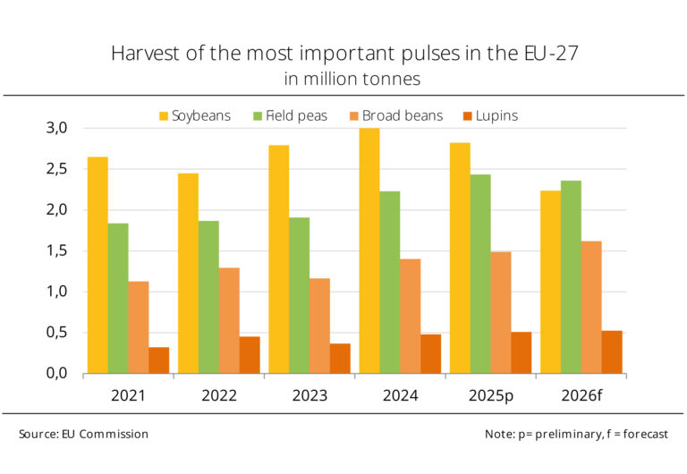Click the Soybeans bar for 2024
369,250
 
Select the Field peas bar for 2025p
480,274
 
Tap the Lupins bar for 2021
159,360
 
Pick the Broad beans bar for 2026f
591,307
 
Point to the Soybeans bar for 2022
189,274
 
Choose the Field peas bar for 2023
300,295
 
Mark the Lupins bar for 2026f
612,352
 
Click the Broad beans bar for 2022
229,321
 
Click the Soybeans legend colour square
164,116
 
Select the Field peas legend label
297,115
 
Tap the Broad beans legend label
403,115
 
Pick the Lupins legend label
496,116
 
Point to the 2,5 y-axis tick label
57,169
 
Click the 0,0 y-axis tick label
57,373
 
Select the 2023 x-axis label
310,395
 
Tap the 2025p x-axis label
491,396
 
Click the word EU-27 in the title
551,53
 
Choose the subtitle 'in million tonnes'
352,79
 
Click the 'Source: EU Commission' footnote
84,434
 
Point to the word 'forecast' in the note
645,434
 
